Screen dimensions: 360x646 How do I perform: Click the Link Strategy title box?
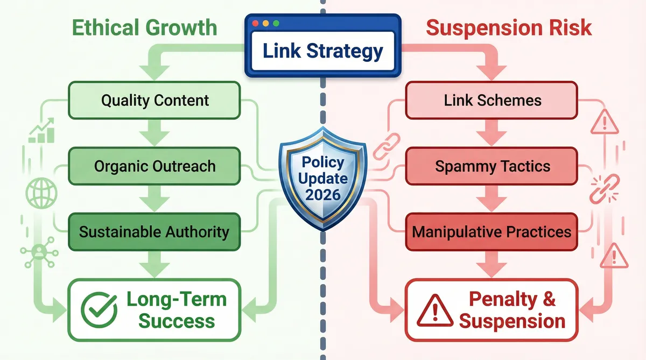pos(322,52)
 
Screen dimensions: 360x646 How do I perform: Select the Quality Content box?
pos(155,100)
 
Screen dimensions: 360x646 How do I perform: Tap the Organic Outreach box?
pos(155,166)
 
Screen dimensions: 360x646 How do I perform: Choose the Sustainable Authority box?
pos(155,232)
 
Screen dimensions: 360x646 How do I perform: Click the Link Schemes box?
pos(492,100)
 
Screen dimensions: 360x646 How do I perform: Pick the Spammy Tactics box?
pos(492,166)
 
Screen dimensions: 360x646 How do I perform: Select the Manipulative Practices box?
pos(492,232)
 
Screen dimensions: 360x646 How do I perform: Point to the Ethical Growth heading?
pos(144,28)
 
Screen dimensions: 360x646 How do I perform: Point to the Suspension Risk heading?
pos(509,28)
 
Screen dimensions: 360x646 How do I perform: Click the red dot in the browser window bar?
pos(256,24)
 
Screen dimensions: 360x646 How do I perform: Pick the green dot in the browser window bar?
pos(276,24)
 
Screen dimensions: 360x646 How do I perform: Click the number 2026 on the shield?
pos(322,193)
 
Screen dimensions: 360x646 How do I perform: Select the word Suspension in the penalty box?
pos(512,321)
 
